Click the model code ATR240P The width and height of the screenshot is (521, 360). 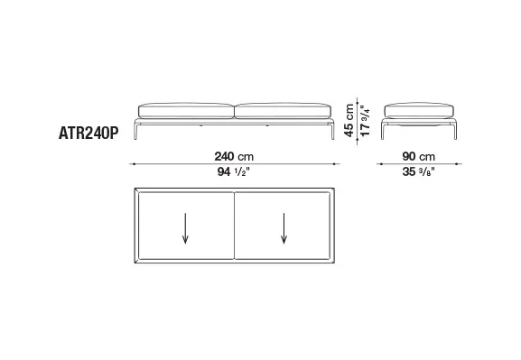click(x=88, y=134)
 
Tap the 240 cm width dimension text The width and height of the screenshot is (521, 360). click(x=234, y=156)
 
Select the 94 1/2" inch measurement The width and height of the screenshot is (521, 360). click(x=234, y=171)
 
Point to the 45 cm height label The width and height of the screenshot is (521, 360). click(x=349, y=120)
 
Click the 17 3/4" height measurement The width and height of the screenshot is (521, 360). click(x=365, y=121)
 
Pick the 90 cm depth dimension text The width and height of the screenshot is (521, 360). click(x=419, y=156)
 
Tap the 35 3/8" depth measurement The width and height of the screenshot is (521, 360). click(x=419, y=171)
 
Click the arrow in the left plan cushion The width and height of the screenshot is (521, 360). click(x=185, y=228)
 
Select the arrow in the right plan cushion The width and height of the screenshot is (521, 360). click(x=284, y=228)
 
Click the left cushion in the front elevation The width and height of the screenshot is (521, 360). click(x=186, y=111)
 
